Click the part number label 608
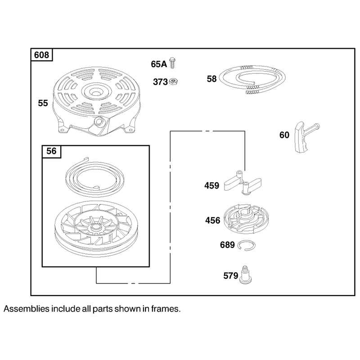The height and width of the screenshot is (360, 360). point(41,55)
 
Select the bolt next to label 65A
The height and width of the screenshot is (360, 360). point(172,63)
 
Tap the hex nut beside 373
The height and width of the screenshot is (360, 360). point(174,81)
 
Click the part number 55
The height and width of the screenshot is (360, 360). point(43,103)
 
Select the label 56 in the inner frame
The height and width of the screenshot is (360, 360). point(51,151)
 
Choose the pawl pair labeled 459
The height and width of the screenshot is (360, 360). point(243,183)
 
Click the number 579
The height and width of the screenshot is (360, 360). point(231,275)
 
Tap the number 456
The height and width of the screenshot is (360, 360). point(212,220)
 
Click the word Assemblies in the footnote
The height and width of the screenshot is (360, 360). point(27,309)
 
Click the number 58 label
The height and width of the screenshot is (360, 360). point(211,79)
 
